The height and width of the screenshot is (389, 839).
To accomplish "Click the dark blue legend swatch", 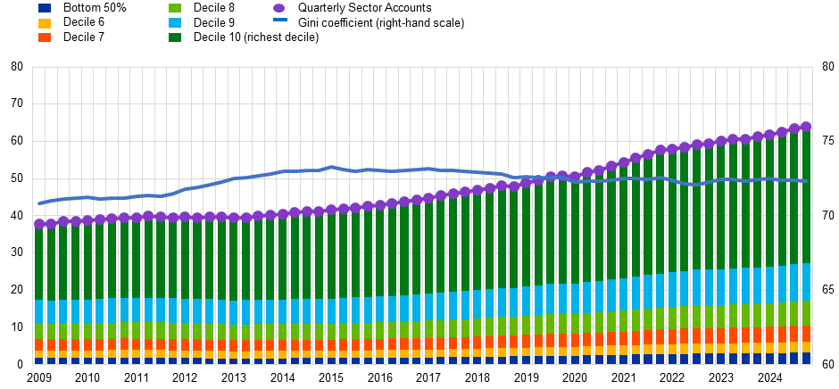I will coord(45,8).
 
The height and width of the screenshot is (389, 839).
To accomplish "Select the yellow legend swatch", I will coord(45,23).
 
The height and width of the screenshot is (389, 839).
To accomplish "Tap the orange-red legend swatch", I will coord(45,37).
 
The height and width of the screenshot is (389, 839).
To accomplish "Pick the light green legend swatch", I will coord(175,8).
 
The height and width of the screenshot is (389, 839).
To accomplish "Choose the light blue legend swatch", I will coord(175,23).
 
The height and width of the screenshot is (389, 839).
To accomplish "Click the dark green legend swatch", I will coord(175,37).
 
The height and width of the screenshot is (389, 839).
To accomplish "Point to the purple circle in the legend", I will coord(279,8).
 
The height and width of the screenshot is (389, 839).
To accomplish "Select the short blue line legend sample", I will coord(280,20).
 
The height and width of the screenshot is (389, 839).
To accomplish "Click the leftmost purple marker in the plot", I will coord(39,224).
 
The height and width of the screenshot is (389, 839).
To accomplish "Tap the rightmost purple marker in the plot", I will coord(806,127).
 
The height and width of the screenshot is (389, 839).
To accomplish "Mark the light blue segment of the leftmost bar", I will coord(39,312).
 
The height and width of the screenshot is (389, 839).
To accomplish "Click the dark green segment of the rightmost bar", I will coord(806,196).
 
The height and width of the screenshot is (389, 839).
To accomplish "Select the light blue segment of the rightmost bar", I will coord(806,282).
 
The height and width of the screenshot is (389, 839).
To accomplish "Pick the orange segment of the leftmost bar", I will coord(39,343).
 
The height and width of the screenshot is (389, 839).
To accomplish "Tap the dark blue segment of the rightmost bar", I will coord(806,358).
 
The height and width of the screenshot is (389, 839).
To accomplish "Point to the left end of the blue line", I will coord(38,203).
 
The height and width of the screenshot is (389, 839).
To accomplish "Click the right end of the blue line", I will coord(807,181).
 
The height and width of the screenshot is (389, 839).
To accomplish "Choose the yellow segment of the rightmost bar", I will coord(806,347).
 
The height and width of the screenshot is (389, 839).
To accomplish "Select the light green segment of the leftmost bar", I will coord(39,331).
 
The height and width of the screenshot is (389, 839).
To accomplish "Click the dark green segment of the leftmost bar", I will coord(39,263).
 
